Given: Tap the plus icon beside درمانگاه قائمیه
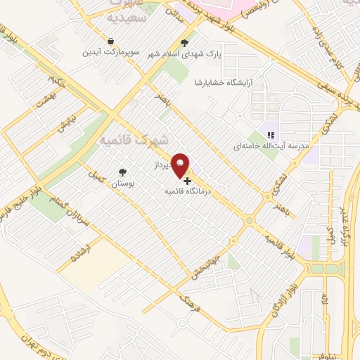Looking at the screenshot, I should (x=186, y=181).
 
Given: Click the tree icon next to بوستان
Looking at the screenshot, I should (x=124, y=172).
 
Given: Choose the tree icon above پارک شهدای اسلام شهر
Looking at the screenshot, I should (x=185, y=41).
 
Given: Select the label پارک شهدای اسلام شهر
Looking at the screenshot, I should (x=181, y=53).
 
